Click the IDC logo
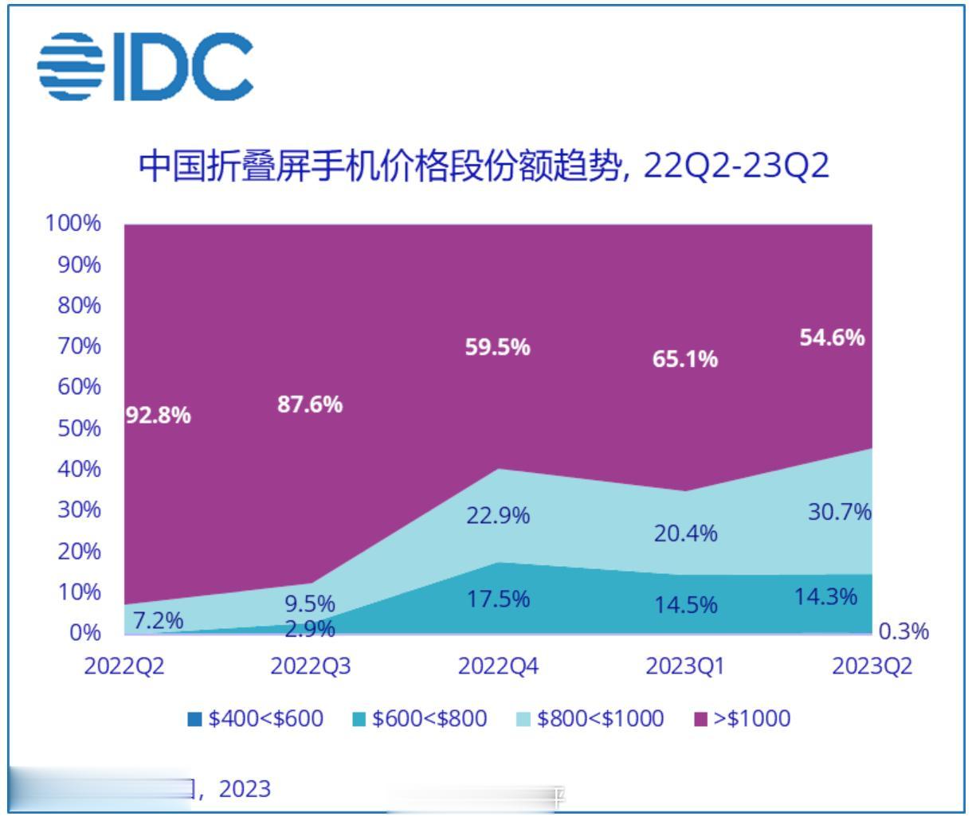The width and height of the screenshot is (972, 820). [146, 67]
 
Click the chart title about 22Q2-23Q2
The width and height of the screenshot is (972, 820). [484, 166]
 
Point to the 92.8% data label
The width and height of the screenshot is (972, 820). [159, 415]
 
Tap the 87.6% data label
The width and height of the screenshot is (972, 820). [310, 404]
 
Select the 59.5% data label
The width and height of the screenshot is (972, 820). [498, 347]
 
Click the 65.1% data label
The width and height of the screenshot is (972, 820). [685, 360]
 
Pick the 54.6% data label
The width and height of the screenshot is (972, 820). [832, 338]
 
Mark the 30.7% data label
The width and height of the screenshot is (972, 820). [840, 513]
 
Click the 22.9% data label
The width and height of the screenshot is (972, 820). [498, 516]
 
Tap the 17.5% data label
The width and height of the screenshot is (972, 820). [498, 599]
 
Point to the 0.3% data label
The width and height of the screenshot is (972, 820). [903, 632]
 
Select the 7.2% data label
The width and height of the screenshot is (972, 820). [158, 619]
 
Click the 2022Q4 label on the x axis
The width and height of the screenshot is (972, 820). [498, 666]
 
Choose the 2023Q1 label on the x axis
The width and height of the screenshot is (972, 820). [685, 666]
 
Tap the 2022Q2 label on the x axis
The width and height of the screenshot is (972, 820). [124, 666]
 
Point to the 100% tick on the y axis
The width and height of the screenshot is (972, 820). [74, 224]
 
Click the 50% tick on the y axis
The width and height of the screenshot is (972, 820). [79, 428]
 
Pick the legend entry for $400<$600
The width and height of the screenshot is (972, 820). [257, 719]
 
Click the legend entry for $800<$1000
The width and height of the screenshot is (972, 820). [591, 719]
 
